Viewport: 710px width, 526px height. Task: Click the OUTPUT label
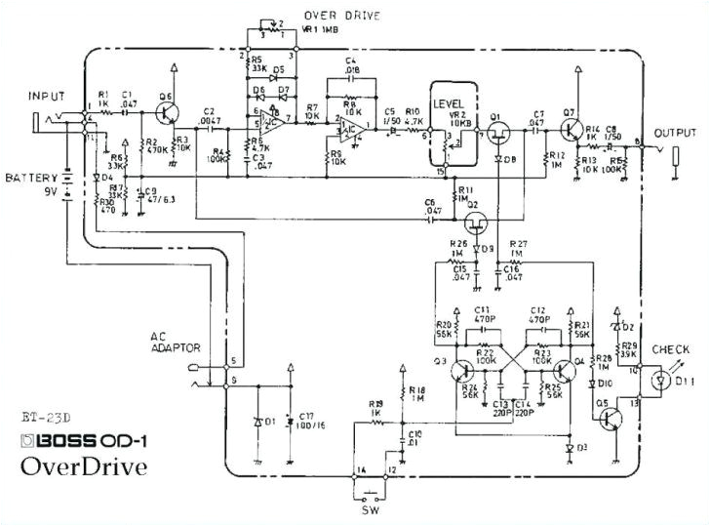coord(676,132)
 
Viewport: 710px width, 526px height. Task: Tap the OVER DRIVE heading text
coord(342,16)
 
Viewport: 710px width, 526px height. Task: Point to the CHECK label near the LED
coord(671,348)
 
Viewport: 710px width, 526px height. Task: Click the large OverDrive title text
coord(86,465)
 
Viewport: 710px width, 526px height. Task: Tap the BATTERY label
coord(28,179)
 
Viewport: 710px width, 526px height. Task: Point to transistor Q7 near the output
coord(570,128)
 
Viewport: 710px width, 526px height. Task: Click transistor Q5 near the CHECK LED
coord(610,418)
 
